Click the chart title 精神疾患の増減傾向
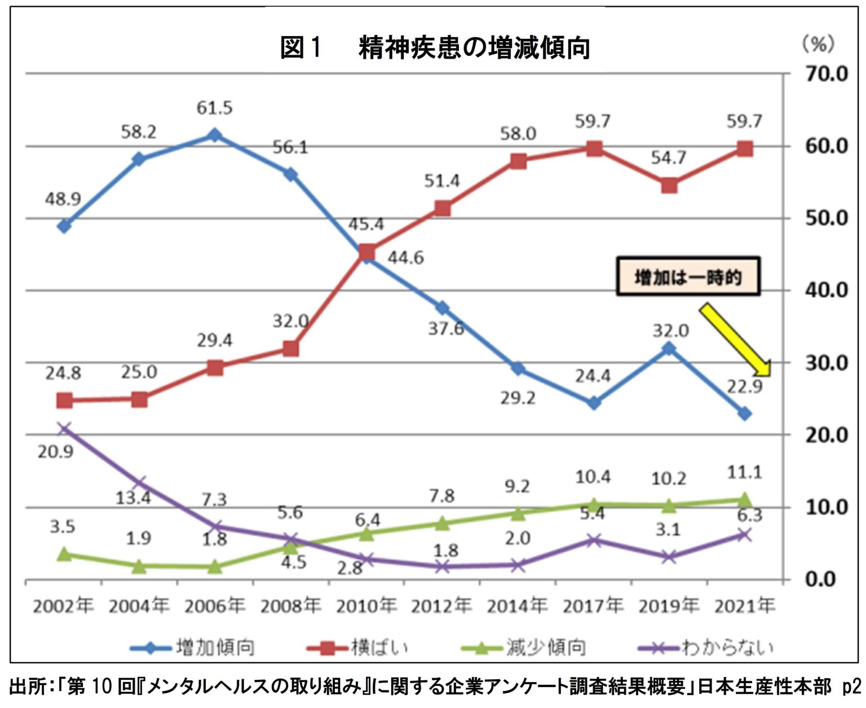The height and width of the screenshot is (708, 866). coord(474,47)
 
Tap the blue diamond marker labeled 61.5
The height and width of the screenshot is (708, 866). coord(215,135)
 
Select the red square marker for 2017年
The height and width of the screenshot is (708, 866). coord(594,149)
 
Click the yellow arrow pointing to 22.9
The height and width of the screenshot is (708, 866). coord(735,340)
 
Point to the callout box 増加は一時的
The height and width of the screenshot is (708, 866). coord(688,277)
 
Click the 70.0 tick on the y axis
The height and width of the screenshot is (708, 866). coord(826,74)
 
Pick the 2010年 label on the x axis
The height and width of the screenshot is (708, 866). coord(366,606)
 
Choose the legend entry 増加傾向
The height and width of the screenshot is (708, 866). coord(215,647)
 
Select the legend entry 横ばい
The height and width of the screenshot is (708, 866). coord(379,647)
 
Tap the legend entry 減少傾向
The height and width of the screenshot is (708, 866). coord(545,647)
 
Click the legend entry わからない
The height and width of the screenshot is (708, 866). coord(727,647)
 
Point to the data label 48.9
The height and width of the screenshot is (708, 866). coord(63,199)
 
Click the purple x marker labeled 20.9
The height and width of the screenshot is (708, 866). coord(64,429)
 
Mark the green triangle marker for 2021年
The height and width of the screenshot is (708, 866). coord(745,499)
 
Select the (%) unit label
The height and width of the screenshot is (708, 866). coord(818,44)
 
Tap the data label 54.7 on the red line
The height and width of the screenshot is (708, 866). coord(669,158)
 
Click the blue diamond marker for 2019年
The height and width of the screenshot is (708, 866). coord(669,348)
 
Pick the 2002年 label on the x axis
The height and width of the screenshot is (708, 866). coord(63,606)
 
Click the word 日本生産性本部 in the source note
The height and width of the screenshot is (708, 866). coord(764,687)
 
